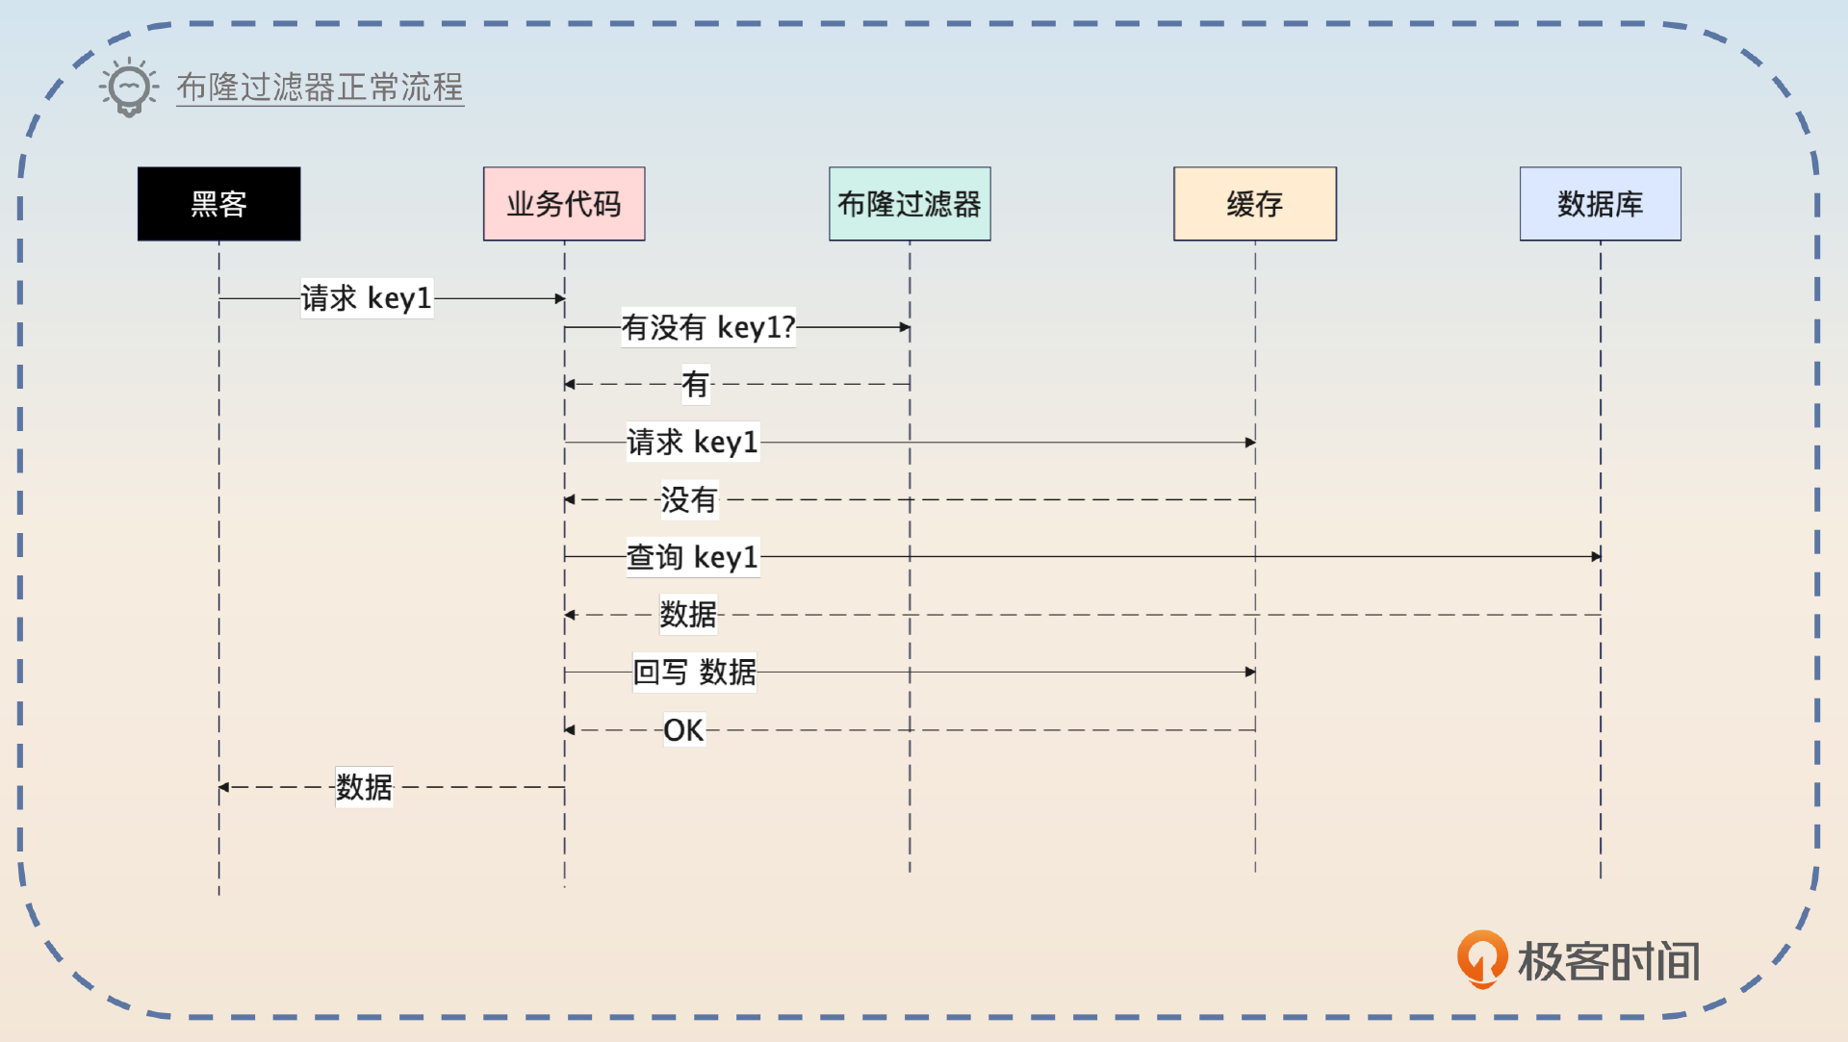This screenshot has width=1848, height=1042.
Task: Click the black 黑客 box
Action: [x=218, y=204]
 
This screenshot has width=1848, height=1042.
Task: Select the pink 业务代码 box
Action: [x=564, y=204]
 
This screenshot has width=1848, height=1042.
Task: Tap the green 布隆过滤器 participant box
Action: [x=910, y=204]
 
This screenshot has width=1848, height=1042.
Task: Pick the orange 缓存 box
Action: [x=1255, y=204]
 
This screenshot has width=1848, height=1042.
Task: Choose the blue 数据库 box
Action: [x=1600, y=204]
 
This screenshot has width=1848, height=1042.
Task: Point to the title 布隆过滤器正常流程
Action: [x=320, y=88]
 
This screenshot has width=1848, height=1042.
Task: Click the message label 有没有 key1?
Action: [x=708, y=327]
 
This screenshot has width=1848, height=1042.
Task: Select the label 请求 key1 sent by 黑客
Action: [x=367, y=298]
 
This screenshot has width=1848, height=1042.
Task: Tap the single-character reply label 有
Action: [x=695, y=385]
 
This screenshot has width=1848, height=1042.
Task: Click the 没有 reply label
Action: [x=689, y=499]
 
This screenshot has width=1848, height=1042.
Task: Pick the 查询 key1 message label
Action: [x=693, y=557]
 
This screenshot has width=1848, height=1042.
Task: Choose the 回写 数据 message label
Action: [x=694, y=672]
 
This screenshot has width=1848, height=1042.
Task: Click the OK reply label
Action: [x=683, y=730]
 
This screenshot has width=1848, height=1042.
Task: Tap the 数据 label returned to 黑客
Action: [x=364, y=787]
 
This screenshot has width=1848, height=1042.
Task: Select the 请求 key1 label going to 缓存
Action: [x=693, y=443]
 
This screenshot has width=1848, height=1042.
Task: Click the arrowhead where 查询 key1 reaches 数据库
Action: [x=1596, y=556]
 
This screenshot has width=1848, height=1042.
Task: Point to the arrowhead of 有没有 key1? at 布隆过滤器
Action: [x=905, y=327]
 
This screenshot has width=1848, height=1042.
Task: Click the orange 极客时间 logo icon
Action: [x=1481, y=958]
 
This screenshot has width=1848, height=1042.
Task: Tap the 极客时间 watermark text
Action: [x=1608, y=961]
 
